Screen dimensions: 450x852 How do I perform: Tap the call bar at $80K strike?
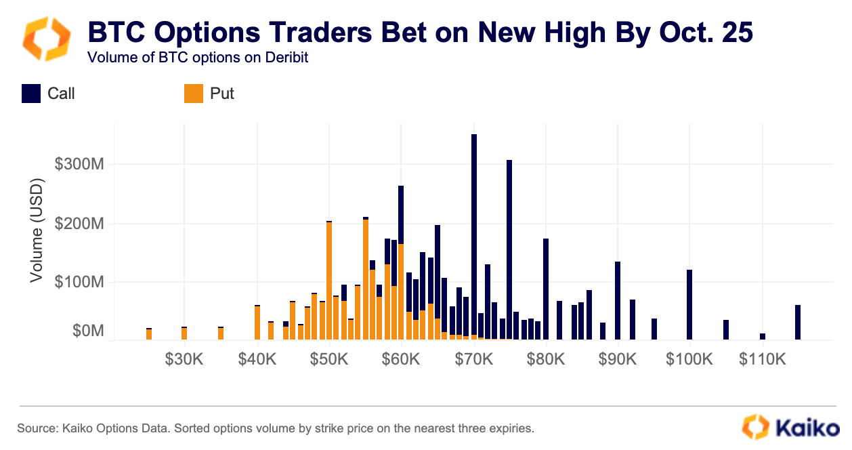tap(546, 289)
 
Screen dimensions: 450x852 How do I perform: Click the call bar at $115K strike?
tap(798, 322)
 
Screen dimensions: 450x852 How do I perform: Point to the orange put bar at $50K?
tap(329, 281)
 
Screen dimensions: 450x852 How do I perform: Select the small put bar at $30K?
tap(184, 333)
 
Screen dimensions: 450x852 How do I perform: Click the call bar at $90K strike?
tap(618, 300)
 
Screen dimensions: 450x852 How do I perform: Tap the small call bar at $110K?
tap(763, 336)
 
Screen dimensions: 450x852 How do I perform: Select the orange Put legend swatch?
tap(194, 94)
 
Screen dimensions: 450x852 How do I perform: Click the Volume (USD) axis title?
tap(37, 230)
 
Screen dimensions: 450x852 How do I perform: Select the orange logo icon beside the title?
tap(47, 39)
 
